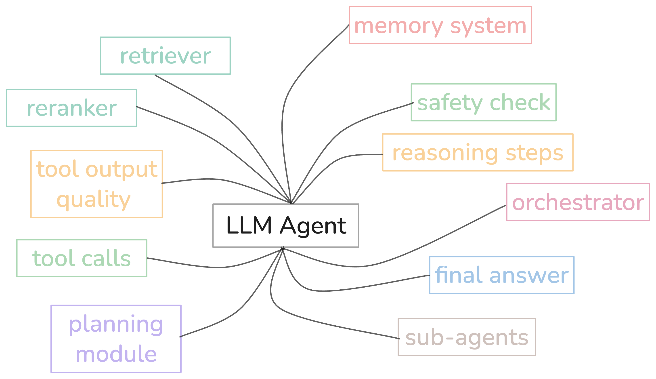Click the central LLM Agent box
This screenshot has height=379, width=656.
pos(286,225)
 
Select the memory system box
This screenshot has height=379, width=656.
pos(440,25)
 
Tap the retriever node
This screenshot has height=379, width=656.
pos(165,56)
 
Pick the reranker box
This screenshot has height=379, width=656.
pos(71,108)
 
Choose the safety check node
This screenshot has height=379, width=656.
pos(484,102)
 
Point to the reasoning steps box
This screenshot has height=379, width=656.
pos(478,153)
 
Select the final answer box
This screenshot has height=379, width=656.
pos(502,275)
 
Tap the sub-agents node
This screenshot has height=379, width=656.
pos(467,337)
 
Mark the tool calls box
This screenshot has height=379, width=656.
pos(82,258)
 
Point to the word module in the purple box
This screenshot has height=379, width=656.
pos(116,354)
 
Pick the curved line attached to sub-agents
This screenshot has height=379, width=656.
pos(325,323)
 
